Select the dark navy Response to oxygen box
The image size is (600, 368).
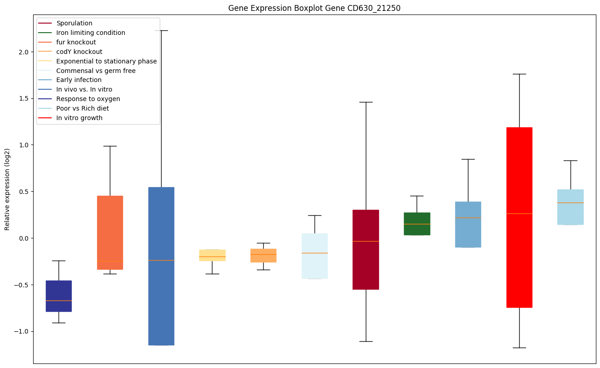click(x=59, y=296)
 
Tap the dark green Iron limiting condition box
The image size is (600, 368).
click(x=417, y=224)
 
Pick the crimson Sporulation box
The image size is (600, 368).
click(x=366, y=249)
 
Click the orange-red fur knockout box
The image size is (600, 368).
click(x=110, y=232)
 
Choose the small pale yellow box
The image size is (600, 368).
click(x=212, y=255)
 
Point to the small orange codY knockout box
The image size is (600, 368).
click(x=263, y=256)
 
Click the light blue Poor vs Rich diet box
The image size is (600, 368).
click(x=570, y=207)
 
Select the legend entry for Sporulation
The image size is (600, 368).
click(x=74, y=23)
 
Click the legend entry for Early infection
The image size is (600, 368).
click(x=79, y=80)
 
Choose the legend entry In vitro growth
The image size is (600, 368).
click(x=79, y=118)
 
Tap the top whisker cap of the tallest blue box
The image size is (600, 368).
click(x=161, y=30)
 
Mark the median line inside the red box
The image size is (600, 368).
click(x=519, y=213)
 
